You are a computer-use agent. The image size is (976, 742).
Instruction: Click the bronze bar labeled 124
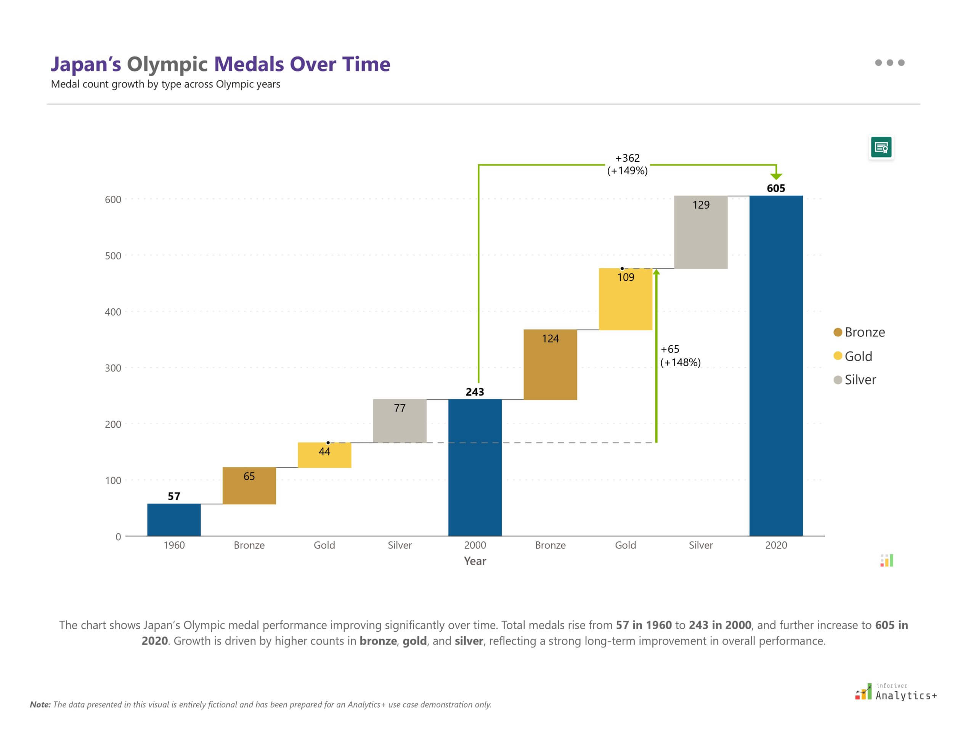[550, 364]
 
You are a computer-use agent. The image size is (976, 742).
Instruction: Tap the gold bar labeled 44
[324, 455]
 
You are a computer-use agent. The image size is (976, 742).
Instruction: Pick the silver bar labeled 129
[701, 232]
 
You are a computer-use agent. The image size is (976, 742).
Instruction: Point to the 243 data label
[475, 392]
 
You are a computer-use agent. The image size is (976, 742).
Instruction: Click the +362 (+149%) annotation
[627, 164]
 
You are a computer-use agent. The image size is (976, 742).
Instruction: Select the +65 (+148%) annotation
[680, 356]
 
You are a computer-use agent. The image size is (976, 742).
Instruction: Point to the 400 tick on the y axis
[113, 312]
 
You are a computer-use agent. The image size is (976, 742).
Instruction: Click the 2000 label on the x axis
[475, 545]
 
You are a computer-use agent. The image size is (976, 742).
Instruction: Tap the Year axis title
[475, 561]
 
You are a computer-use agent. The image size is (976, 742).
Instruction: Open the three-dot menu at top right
[889, 63]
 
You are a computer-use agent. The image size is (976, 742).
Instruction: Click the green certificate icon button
[881, 147]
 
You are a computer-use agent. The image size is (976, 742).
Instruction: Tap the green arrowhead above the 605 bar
[776, 177]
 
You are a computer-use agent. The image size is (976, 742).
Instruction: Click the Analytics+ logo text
[906, 695]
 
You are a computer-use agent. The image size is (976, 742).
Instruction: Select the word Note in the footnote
[40, 705]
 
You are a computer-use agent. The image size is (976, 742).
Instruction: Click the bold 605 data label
[775, 188]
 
